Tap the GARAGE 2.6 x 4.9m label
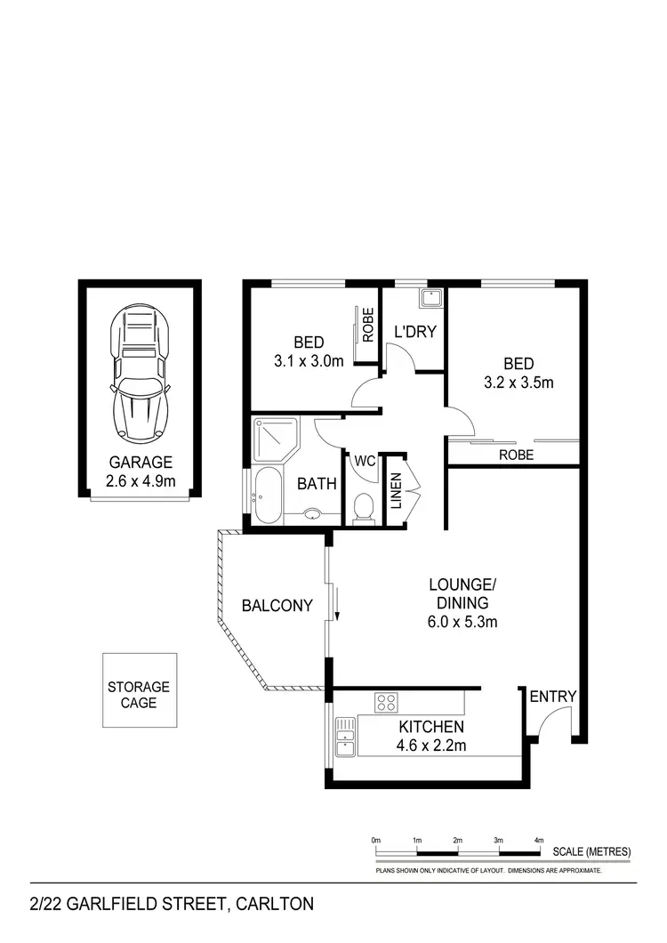[141, 471]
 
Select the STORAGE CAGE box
[138, 695]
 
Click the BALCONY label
[277, 606]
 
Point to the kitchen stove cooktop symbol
[386, 703]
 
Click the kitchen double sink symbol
[345, 737]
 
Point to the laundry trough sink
[430, 298]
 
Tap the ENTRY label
[553, 697]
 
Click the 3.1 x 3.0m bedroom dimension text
[308, 362]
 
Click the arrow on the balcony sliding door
[338, 608]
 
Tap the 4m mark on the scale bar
[539, 840]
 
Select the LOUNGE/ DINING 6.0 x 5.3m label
[462, 603]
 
